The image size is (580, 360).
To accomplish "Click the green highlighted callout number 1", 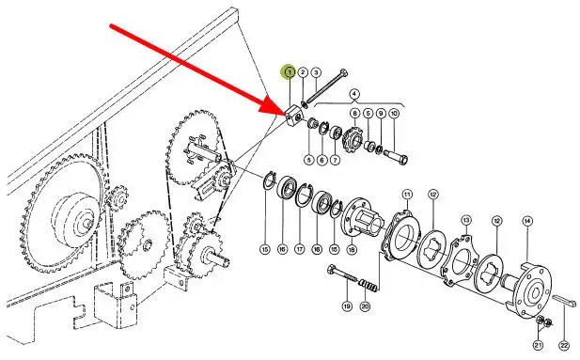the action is point(290,71).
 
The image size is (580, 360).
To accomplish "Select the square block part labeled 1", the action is point(295,115).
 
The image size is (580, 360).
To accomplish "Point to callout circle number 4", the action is point(354,93).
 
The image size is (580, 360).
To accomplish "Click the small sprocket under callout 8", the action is point(353,137).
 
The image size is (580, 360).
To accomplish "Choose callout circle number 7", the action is point(336,160).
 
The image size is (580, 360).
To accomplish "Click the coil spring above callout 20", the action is point(368,285).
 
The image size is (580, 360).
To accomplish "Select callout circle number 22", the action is point(563,346).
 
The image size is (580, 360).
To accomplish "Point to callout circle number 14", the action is point(527,221).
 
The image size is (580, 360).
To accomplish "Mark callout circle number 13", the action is point(466,221).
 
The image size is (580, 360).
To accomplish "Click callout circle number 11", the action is point(407,195).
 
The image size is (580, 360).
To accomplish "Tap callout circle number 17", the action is point(299,249).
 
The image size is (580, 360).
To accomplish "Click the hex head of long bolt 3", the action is point(343,72).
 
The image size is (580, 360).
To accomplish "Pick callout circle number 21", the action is point(538,346).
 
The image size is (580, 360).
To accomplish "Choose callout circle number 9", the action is point(381,113).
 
